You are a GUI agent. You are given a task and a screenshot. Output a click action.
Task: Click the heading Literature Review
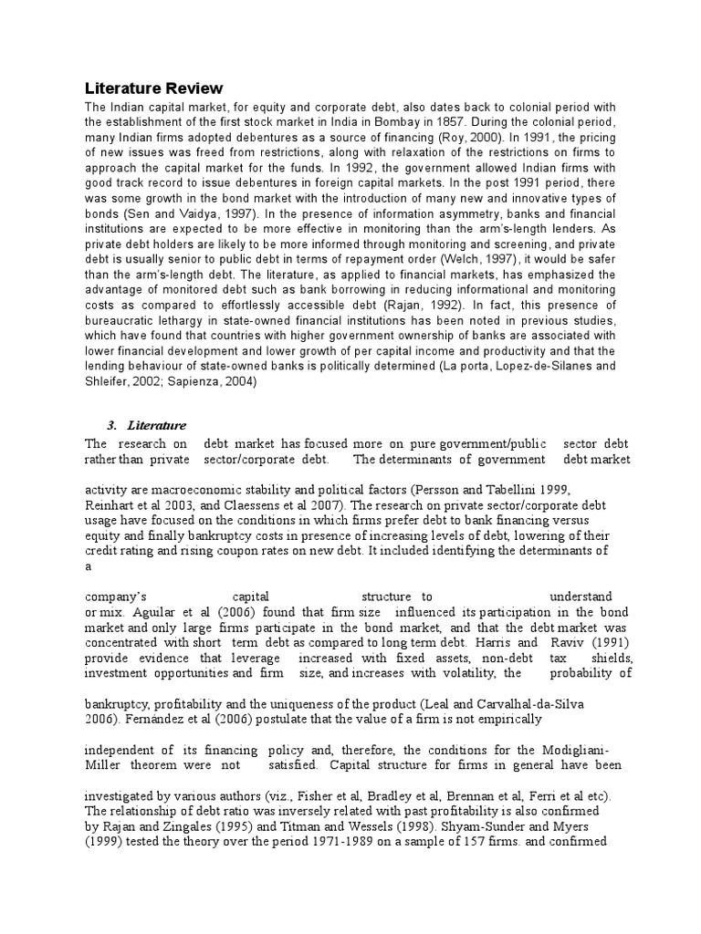153,88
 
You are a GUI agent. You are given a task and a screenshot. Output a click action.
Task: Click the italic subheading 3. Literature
146,425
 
